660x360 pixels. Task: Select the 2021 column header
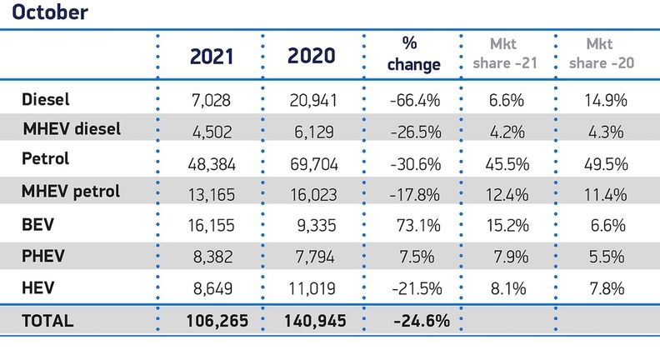click(212, 56)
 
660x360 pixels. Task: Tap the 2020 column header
click(311, 56)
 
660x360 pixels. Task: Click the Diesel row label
click(45, 99)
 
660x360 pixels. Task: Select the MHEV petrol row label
click(71, 191)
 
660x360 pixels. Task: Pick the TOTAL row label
click(47, 320)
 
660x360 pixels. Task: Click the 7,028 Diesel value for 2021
click(213, 101)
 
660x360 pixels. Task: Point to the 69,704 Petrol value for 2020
click(312, 164)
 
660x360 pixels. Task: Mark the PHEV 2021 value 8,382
click(213, 258)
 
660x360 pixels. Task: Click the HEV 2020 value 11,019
click(312, 289)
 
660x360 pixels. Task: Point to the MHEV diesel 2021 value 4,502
click(213, 130)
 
